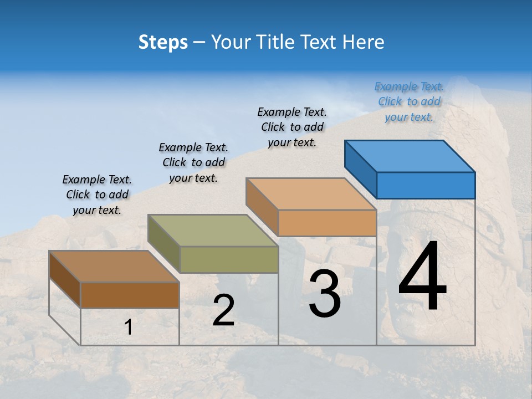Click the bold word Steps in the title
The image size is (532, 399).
tap(163, 42)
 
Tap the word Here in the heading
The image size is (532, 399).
tap(364, 42)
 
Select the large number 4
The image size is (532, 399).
tap(422, 277)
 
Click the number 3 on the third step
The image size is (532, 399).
tap(325, 294)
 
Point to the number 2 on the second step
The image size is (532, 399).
tap(223, 310)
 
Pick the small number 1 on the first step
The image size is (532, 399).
tap(129, 328)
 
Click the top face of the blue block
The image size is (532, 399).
tap(410, 156)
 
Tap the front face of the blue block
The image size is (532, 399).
tap(426, 185)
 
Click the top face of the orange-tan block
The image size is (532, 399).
tap(311, 194)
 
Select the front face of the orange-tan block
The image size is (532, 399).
tap(327, 223)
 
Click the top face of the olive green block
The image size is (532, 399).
tap(213, 231)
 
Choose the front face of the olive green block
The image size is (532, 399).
tap(229, 259)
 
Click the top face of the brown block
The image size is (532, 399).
tap(114, 267)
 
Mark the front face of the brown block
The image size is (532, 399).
tap(130, 295)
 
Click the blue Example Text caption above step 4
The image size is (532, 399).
tap(409, 101)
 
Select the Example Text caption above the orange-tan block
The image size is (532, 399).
tap(292, 127)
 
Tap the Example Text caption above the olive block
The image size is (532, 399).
tap(193, 162)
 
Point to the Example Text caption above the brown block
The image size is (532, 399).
tap(97, 195)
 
